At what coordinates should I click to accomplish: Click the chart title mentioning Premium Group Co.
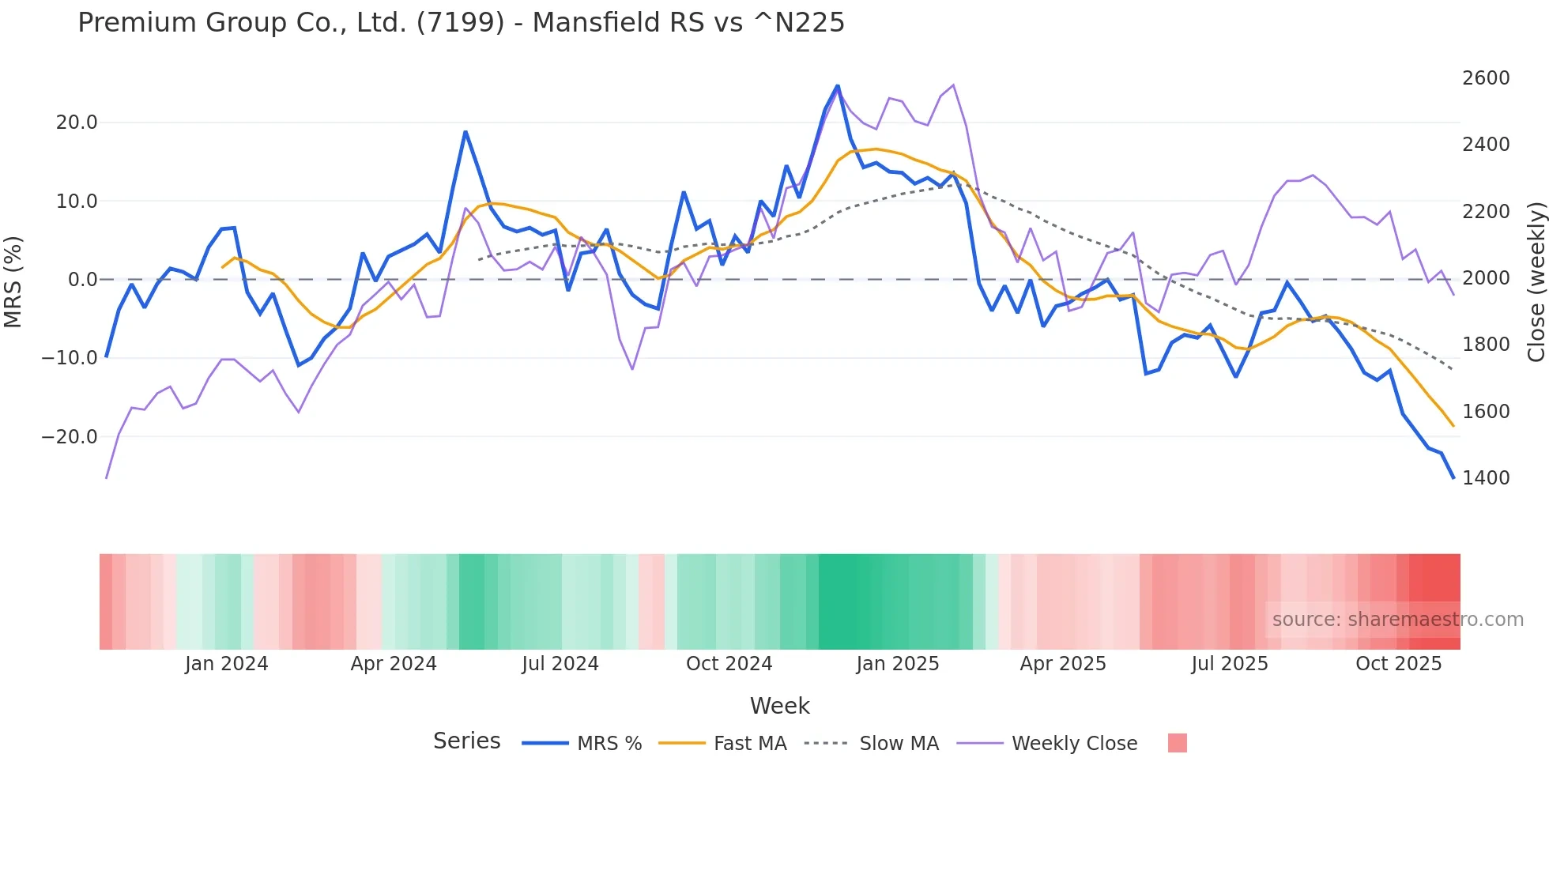(461, 23)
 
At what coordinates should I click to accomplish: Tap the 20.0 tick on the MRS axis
(77, 123)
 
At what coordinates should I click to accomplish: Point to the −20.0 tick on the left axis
(70, 437)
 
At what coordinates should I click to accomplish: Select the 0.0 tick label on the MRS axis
(83, 280)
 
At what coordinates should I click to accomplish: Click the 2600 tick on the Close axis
(1486, 78)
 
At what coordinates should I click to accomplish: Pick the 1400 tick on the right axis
(1486, 478)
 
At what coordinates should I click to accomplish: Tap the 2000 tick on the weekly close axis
(1486, 278)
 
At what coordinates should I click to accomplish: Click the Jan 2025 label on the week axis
(897, 664)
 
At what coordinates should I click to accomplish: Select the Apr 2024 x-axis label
(394, 664)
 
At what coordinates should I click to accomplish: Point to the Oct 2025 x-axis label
(1398, 664)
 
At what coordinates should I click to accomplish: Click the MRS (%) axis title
(13, 281)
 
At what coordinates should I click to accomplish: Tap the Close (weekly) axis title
(1536, 282)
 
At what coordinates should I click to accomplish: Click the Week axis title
(779, 706)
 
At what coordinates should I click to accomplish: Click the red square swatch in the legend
(1177, 743)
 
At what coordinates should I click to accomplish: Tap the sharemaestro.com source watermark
(1397, 620)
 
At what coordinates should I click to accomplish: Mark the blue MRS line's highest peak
(838, 86)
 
